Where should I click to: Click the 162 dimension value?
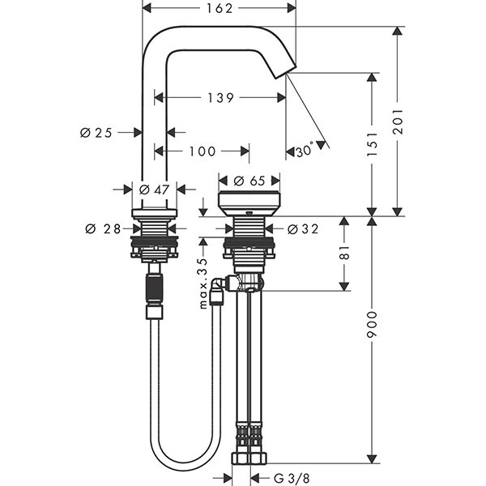click(219, 8)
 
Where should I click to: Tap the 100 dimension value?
click(202, 151)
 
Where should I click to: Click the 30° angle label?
click(305, 151)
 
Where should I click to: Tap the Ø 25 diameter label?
click(96, 131)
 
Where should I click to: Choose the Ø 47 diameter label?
click(154, 189)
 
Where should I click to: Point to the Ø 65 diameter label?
click(249, 181)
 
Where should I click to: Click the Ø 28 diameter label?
click(104, 228)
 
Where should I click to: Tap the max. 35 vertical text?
click(202, 283)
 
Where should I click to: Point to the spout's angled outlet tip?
click(284, 73)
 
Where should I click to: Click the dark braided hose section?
click(154, 288)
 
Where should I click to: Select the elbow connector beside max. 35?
click(220, 287)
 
